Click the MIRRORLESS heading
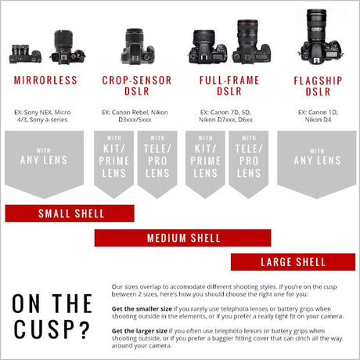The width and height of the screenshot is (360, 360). [45, 80]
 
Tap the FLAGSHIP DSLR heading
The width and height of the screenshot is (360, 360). [318, 86]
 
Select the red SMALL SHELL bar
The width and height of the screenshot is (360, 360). [70, 214]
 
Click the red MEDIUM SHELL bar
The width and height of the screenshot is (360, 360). [182, 238]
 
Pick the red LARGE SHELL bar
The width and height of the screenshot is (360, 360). [293, 262]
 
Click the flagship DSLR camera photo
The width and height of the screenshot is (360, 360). [320, 37]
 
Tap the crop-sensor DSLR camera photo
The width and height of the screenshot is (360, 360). [138, 46]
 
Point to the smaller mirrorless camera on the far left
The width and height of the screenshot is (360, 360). [25, 54]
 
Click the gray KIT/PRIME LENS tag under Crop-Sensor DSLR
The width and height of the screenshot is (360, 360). [113, 162]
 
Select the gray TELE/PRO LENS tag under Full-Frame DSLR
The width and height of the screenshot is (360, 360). [249, 162]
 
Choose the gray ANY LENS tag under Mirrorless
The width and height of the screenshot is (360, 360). [44, 162]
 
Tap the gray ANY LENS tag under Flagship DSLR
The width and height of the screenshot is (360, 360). [317, 162]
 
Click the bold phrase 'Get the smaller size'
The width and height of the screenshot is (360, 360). [142, 309]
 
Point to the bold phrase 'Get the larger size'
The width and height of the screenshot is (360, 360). [139, 331]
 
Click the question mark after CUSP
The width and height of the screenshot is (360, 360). [84, 329]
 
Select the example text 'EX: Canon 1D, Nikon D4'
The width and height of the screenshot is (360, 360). [318, 116]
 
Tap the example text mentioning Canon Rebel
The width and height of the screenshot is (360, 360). [135, 116]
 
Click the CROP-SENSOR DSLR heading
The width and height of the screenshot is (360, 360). [137, 85]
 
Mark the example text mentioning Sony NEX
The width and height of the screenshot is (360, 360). [42, 116]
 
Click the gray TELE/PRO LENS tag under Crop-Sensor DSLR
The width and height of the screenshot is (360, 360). [157, 162]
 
